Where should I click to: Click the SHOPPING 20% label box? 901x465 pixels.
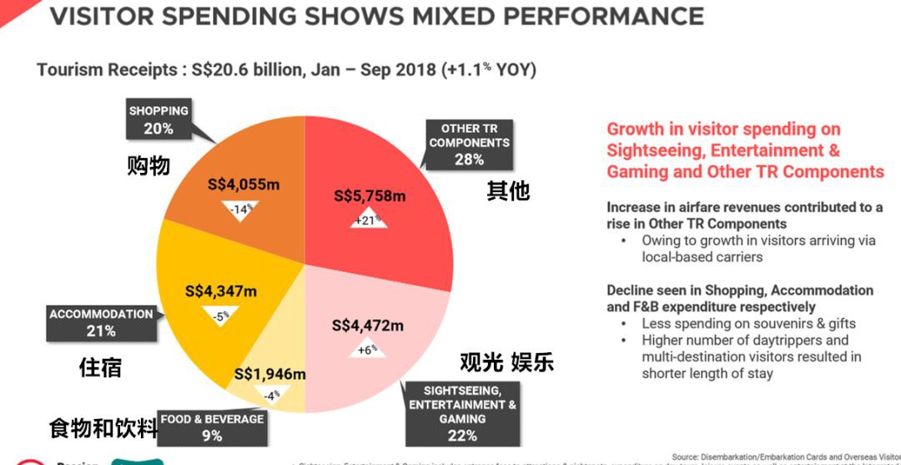(x=158, y=120)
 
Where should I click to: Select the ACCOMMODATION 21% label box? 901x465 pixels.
(x=101, y=322)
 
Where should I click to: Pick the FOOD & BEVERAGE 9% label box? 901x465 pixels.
(x=211, y=427)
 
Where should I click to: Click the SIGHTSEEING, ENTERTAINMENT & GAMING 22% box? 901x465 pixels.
(x=461, y=412)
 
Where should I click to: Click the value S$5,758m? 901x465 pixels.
(x=370, y=196)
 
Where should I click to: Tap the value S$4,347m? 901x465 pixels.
(x=220, y=292)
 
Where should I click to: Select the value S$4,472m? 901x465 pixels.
(x=367, y=325)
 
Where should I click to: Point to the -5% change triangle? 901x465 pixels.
(x=220, y=316)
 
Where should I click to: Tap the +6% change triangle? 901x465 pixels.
(x=368, y=348)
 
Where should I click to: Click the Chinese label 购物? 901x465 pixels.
(x=148, y=165)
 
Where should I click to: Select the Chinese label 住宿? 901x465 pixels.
(x=100, y=366)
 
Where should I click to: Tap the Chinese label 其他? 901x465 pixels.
(x=507, y=191)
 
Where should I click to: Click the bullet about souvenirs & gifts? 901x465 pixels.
(x=748, y=323)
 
